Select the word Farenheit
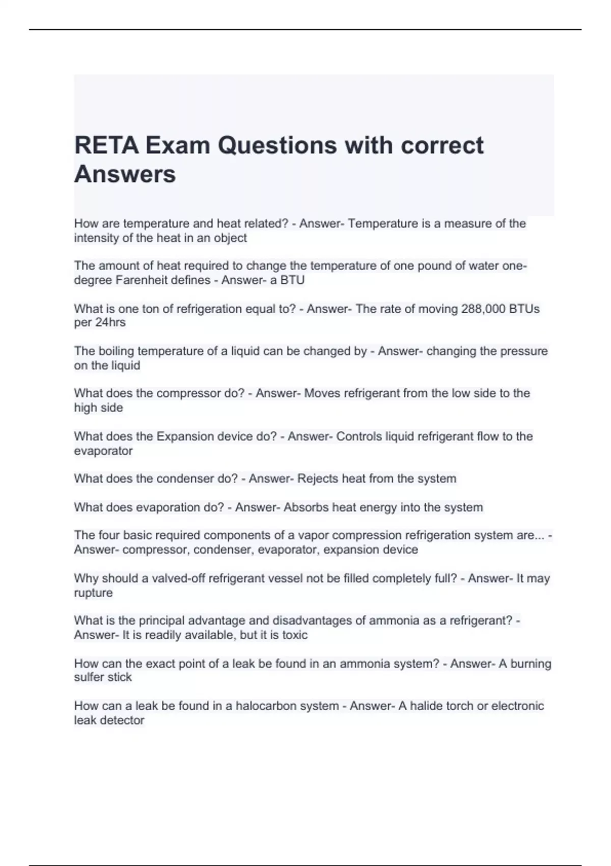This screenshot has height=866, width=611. click(142, 280)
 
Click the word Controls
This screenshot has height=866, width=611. click(359, 437)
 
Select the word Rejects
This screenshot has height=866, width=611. click(317, 479)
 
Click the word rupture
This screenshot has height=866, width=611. click(93, 593)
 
